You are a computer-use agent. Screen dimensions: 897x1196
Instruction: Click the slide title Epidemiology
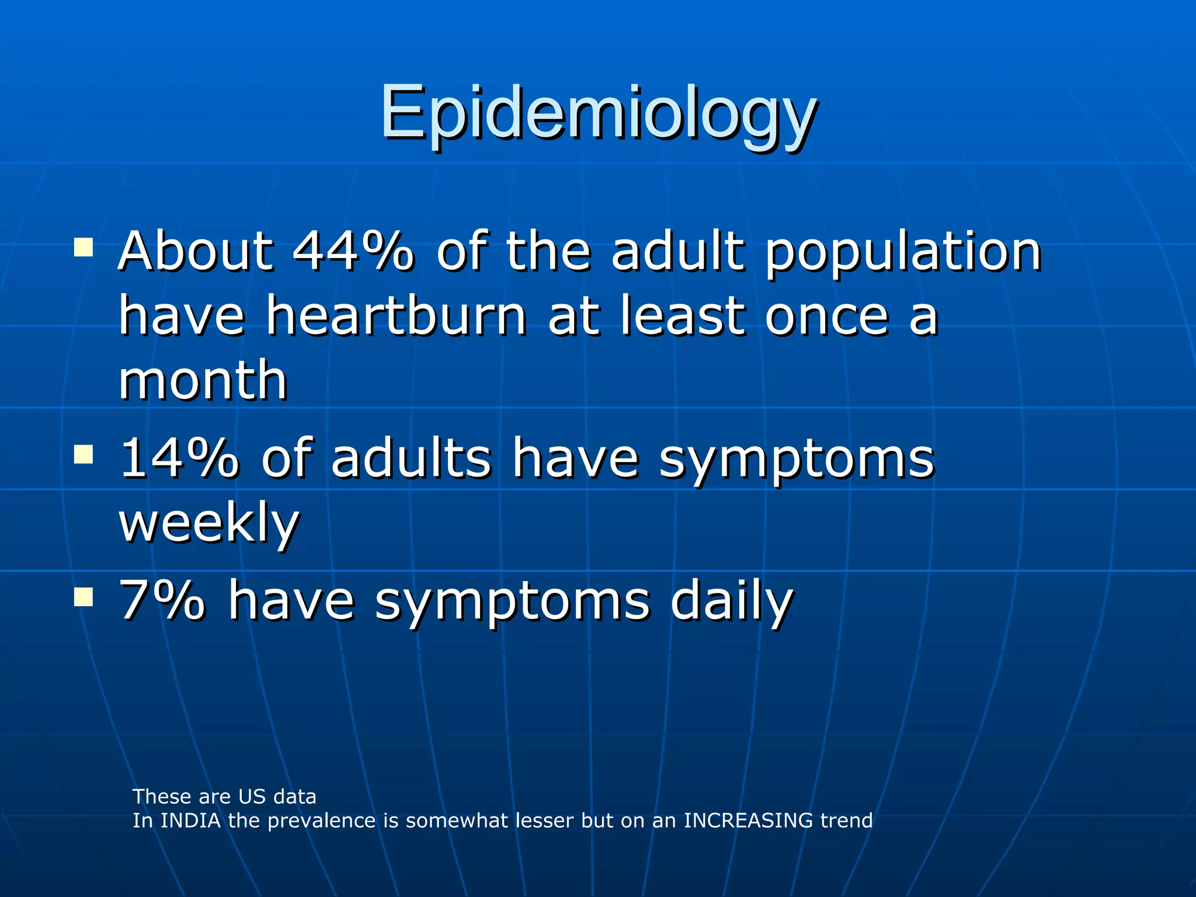(598, 114)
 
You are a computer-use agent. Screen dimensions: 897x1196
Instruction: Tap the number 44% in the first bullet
(353, 252)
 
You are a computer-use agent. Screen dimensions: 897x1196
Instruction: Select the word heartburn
(396, 316)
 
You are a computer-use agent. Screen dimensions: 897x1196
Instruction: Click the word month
(203, 380)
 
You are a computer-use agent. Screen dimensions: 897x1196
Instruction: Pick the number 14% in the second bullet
(179, 458)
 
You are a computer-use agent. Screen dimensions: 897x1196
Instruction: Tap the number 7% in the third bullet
(162, 601)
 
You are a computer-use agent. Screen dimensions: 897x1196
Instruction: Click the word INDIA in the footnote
(190, 820)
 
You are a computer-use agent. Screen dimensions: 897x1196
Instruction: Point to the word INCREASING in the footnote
(747, 820)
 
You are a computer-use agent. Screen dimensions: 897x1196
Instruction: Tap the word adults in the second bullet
(411, 458)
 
